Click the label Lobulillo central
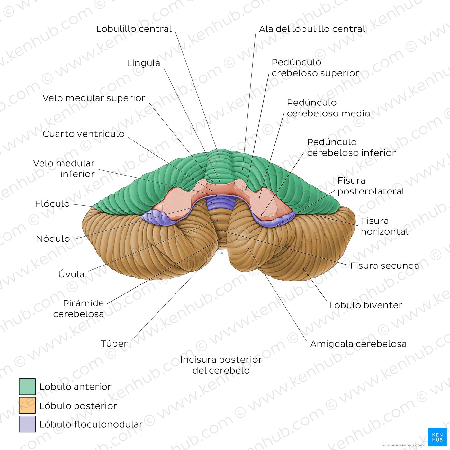[x=134, y=29]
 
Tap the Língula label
[x=143, y=63]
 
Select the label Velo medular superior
[x=94, y=98]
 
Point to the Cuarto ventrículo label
[x=84, y=134]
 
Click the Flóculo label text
[x=52, y=204]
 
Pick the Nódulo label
[x=53, y=239]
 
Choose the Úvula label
[x=71, y=274]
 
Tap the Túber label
[x=114, y=344]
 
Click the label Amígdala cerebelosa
[x=358, y=344]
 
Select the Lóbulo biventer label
[x=366, y=305]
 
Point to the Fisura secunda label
[x=385, y=266]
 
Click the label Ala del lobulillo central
[x=312, y=29]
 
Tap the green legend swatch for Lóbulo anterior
[x=27, y=387]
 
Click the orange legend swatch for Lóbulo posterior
[x=27, y=405]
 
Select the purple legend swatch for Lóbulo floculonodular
[x=27, y=424]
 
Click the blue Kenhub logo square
[x=437, y=437]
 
